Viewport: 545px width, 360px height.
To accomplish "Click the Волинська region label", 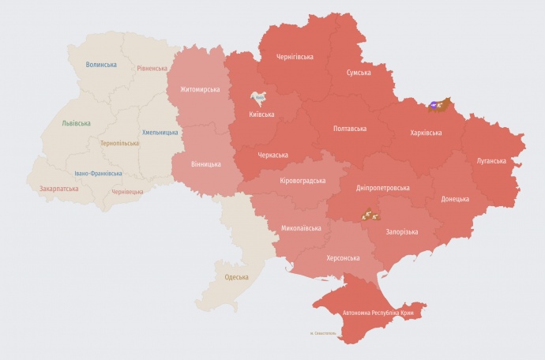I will tap(101, 65).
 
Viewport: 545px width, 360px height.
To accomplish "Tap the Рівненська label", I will tap(152, 69).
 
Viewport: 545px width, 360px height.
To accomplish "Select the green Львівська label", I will tap(76, 123).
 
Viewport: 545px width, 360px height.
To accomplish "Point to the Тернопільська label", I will tap(119, 144).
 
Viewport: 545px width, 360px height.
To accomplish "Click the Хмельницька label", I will tap(160, 133).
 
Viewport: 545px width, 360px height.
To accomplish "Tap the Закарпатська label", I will tap(58, 189).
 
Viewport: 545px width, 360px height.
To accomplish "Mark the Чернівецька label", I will tap(127, 192).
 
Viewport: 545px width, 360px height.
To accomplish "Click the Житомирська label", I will tap(199, 90).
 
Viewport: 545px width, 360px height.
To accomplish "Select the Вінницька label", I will tap(206, 164).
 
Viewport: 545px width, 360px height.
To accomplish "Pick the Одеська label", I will tap(236, 277).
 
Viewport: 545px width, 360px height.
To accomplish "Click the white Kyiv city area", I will tap(258, 99).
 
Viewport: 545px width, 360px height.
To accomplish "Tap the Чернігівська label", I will tap(295, 57).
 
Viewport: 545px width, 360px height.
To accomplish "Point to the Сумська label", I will tap(364, 73).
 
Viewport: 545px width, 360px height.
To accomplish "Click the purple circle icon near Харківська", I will tap(434, 104).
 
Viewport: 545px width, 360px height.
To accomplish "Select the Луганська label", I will tap(491, 161).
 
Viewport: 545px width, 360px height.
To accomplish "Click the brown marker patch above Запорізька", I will tap(369, 213).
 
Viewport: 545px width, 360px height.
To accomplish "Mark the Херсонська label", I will tap(343, 258).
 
